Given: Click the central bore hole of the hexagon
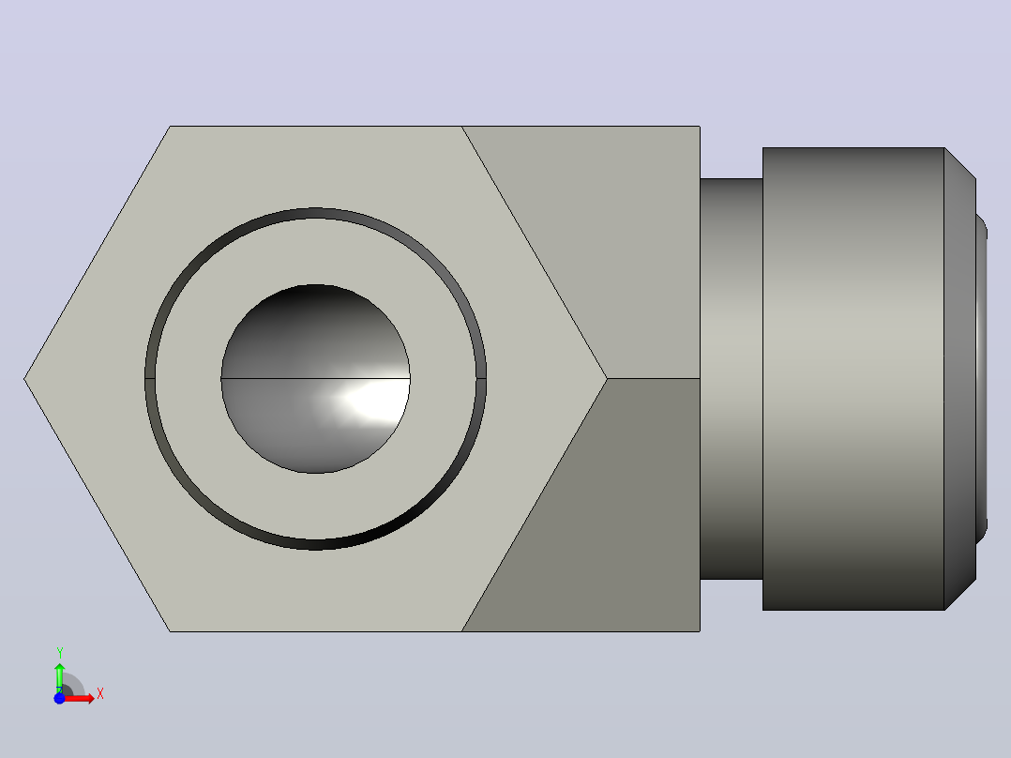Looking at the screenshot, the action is click(x=315, y=379).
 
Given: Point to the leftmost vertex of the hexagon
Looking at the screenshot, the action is click(x=24, y=379).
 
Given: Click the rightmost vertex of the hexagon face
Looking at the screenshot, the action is click(x=607, y=379).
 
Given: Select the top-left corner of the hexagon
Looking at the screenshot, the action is click(x=171, y=127).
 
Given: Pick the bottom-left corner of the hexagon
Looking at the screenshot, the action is click(x=171, y=631).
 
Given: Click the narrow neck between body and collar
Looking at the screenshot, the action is click(x=732, y=379).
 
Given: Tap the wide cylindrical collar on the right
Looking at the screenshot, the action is click(x=853, y=379).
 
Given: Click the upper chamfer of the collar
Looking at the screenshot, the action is click(x=960, y=164).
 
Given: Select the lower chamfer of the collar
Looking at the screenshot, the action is click(x=960, y=594).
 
